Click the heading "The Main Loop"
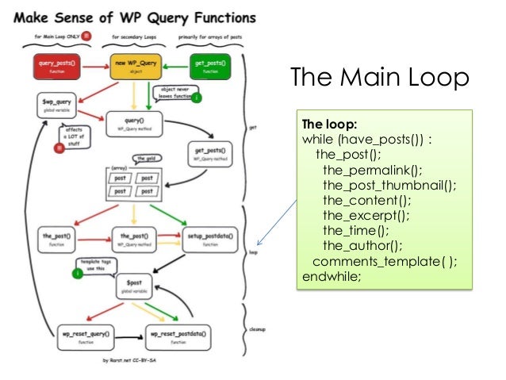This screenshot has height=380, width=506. pos(379,79)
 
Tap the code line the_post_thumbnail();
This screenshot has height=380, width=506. pos(389,185)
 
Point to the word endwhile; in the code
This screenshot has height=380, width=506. pos(331,276)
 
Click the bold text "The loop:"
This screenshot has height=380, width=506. pos(329,124)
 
